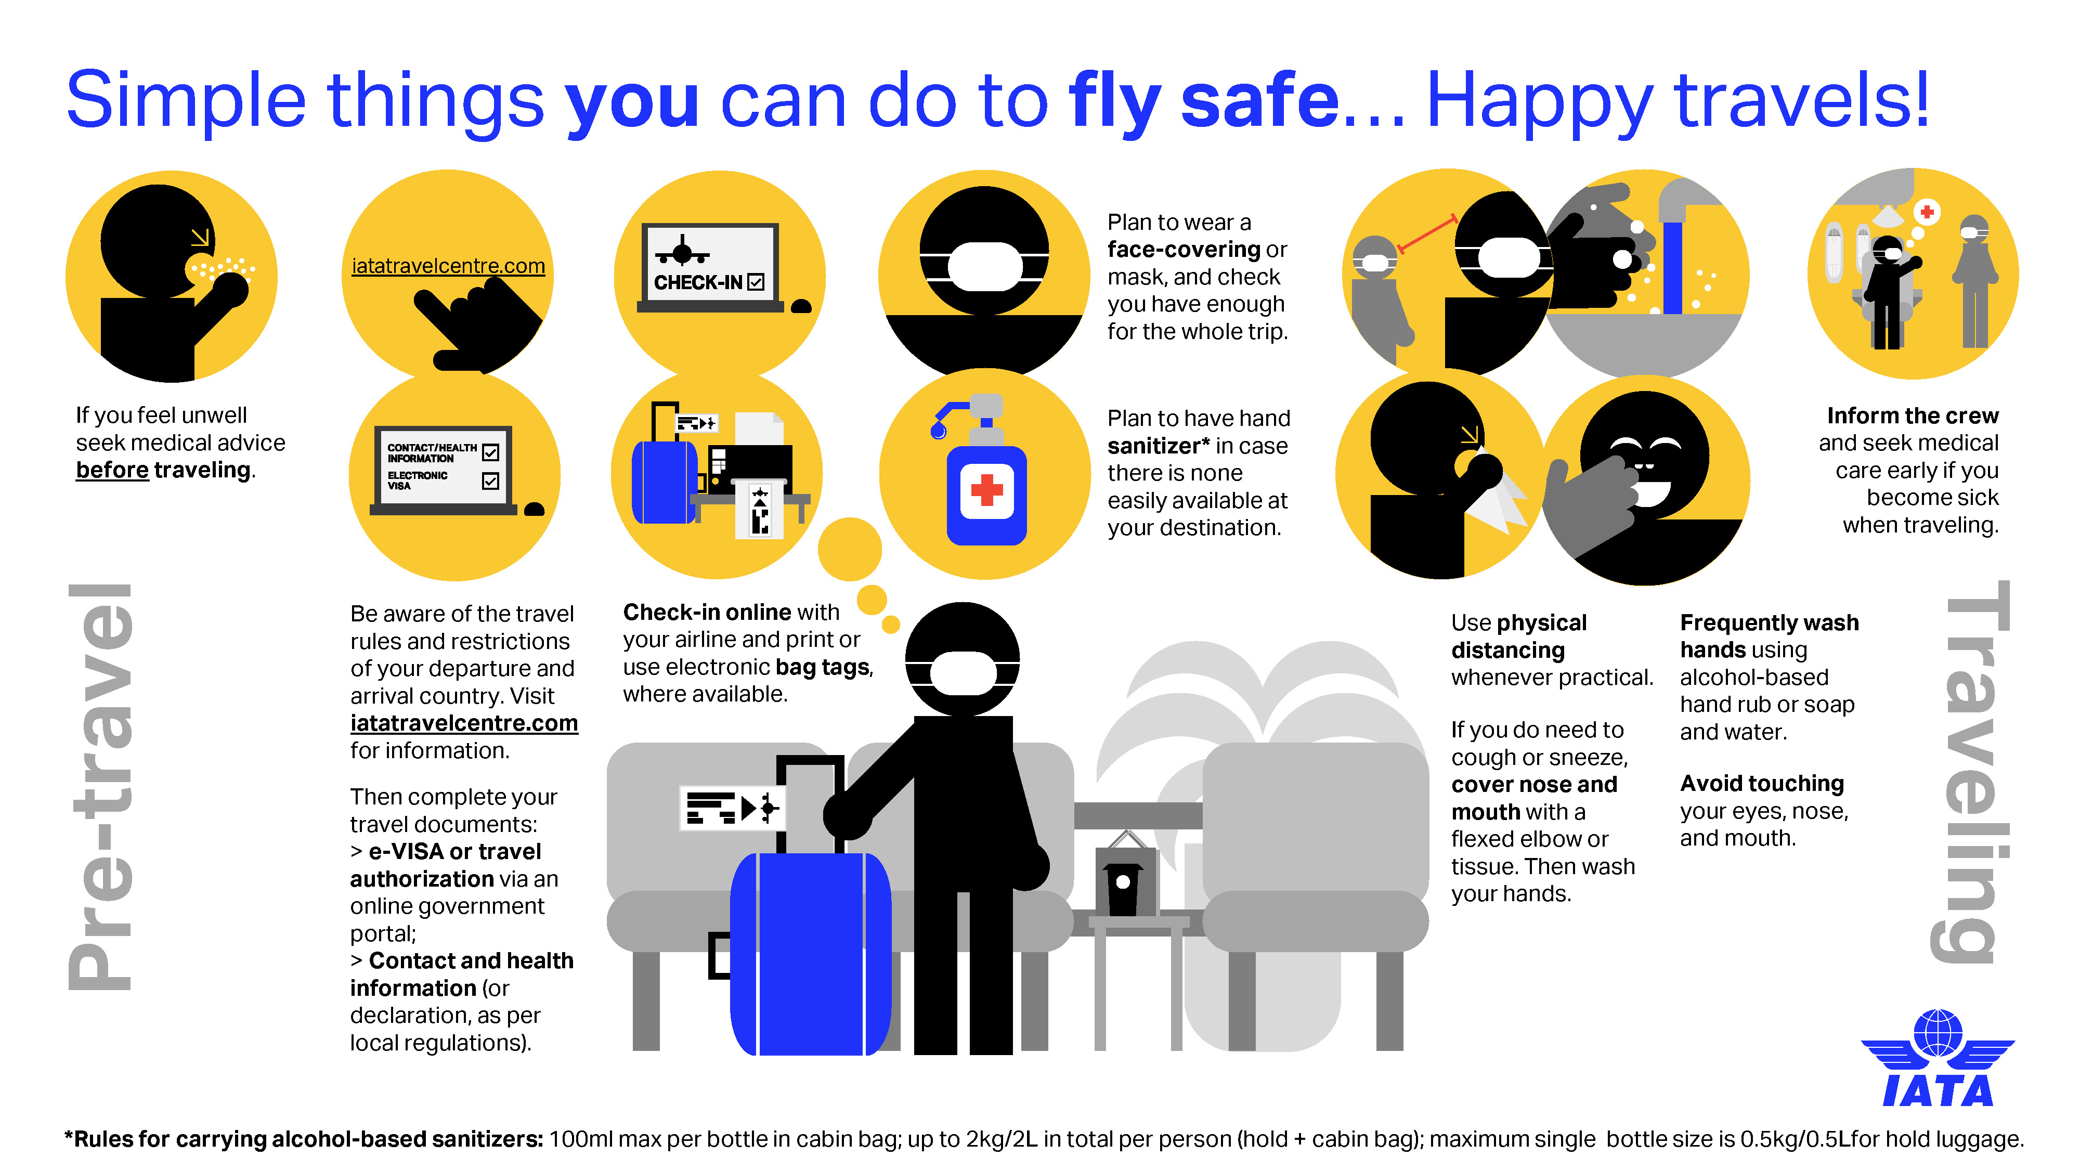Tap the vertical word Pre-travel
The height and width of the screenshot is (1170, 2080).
click(101, 787)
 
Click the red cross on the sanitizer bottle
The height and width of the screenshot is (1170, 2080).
click(986, 489)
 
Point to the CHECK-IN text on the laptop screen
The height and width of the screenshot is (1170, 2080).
click(698, 282)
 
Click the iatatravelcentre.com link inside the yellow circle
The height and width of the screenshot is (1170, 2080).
click(448, 266)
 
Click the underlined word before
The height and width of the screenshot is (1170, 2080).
click(112, 470)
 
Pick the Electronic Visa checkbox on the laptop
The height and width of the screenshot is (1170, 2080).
click(490, 481)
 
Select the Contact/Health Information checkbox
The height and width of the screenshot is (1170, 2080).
click(490, 453)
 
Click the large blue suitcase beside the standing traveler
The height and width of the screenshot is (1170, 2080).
click(810, 953)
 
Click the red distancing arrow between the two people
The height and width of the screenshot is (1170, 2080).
click(1427, 234)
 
